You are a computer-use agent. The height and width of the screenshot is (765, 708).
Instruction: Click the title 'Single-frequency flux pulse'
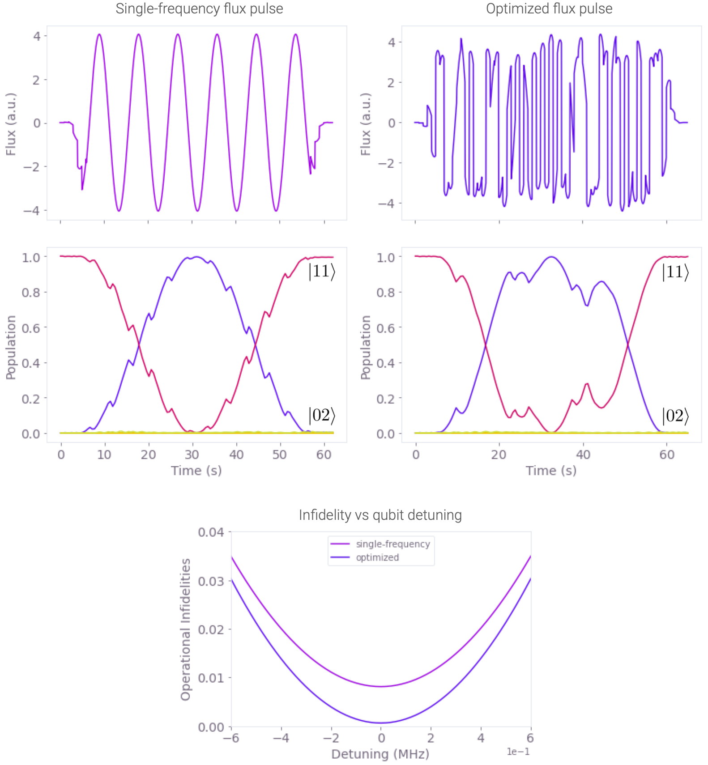point(199,9)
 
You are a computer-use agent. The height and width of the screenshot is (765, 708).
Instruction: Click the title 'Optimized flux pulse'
point(549,9)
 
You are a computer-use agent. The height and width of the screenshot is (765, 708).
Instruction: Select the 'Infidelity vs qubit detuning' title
point(380,515)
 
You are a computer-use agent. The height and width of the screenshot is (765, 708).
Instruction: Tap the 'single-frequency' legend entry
point(392,544)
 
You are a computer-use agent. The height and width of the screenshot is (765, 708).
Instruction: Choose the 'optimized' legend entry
point(377,557)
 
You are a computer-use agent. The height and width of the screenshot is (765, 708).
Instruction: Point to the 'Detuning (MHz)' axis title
point(380,754)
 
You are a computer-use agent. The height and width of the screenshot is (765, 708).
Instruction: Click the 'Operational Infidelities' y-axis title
point(185,629)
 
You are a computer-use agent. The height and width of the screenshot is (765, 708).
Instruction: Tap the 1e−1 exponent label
point(518,752)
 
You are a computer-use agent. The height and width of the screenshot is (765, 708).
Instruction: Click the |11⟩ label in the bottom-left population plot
point(321,272)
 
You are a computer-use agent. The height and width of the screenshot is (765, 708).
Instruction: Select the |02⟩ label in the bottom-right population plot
point(675,416)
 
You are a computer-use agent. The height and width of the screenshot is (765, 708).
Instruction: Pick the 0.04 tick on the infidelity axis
point(211,532)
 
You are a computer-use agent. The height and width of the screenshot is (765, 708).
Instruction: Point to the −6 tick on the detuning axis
point(231,738)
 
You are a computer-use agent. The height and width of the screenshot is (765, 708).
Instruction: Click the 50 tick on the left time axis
point(280,455)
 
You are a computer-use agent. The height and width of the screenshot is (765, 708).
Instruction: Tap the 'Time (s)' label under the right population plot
point(551,471)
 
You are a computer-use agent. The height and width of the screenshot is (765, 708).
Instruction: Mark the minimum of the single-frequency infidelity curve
point(381,686)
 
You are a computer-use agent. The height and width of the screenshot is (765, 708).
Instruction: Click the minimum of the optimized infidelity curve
point(381,723)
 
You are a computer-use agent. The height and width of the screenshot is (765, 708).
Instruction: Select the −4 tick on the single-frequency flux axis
point(32,210)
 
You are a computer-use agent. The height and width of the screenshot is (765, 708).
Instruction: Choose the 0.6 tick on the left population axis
point(31,328)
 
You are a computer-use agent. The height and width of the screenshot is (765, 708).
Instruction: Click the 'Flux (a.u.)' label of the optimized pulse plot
point(366,124)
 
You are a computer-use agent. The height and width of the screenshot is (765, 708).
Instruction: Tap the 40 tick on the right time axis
point(583,455)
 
